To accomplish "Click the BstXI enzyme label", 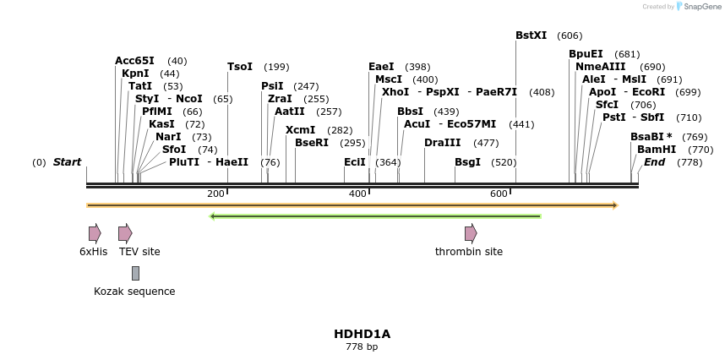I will pyautogui.click(x=531, y=35).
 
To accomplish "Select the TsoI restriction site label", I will pyautogui.click(x=240, y=67).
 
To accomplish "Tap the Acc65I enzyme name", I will pyautogui.click(x=134, y=61).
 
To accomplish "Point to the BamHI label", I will pyautogui.click(x=657, y=150).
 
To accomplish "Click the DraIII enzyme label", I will pyautogui.click(x=443, y=143).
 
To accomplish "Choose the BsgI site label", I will pyautogui.click(x=467, y=162).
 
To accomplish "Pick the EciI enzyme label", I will pyautogui.click(x=355, y=162).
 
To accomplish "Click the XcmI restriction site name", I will pyautogui.click(x=300, y=130).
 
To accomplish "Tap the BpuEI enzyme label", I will pyautogui.click(x=586, y=54).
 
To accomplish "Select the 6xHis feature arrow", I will pyautogui.click(x=95, y=233).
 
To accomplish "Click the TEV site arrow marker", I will pyautogui.click(x=125, y=233).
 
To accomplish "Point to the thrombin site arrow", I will pyautogui.click(x=471, y=233).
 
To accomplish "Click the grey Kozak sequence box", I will pyautogui.click(x=135, y=273).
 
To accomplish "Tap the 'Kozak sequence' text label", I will pyautogui.click(x=134, y=292).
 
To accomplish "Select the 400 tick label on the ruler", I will pyautogui.click(x=357, y=194).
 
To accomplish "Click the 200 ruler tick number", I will pyautogui.click(x=215, y=194).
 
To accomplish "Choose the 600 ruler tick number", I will pyautogui.click(x=499, y=194).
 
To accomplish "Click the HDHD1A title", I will pyautogui.click(x=362, y=334).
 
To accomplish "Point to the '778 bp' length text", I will pyautogui.click(x=362, y=347).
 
